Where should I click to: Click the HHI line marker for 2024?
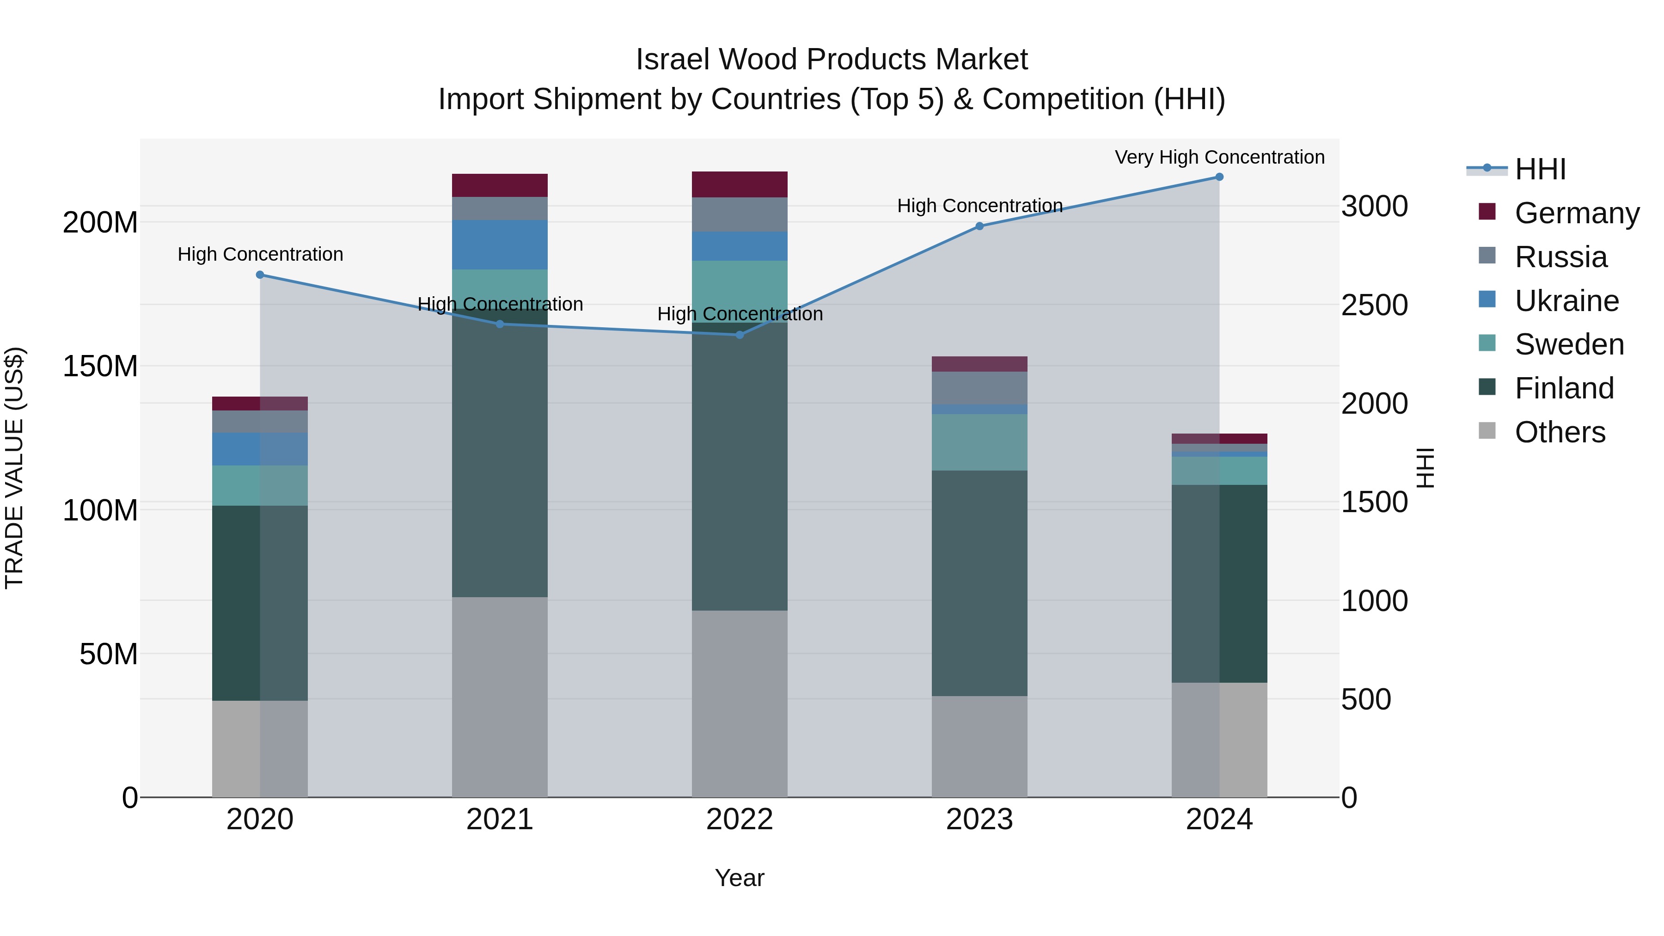1219,177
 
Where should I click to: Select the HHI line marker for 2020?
260,275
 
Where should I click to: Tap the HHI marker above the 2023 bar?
979,226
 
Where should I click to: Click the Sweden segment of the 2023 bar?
979,442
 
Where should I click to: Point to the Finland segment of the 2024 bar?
1219,583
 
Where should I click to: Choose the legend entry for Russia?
1560,257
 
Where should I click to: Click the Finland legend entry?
1563,388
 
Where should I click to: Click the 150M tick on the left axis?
100,366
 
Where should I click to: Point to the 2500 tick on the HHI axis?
1374,305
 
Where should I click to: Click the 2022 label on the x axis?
740,820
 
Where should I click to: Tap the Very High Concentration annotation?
1219,157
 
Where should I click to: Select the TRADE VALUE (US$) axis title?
14,468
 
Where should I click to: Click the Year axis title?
740,878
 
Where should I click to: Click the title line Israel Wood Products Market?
832,60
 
